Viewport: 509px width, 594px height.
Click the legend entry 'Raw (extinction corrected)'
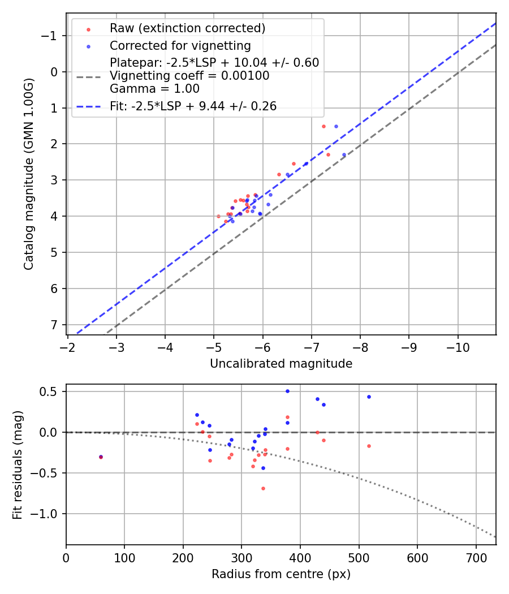(187, 28)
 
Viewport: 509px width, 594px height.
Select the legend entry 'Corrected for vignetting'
(180, 45)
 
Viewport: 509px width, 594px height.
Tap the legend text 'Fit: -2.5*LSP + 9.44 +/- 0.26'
(193, 106)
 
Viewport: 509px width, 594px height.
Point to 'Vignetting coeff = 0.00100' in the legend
(189, 76)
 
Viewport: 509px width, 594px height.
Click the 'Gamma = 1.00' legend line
(154, 88)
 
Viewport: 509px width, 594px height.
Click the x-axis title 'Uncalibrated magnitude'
(281, 364)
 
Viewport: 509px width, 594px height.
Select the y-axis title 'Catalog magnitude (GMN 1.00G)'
(29, 174)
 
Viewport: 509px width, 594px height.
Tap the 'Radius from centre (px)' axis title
(281, 574)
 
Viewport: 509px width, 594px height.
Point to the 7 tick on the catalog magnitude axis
(55, 325)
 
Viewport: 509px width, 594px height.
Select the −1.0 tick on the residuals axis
(48, 514)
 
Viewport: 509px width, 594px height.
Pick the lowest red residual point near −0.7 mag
(263, 488)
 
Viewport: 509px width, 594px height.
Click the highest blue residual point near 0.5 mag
(287, 391)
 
